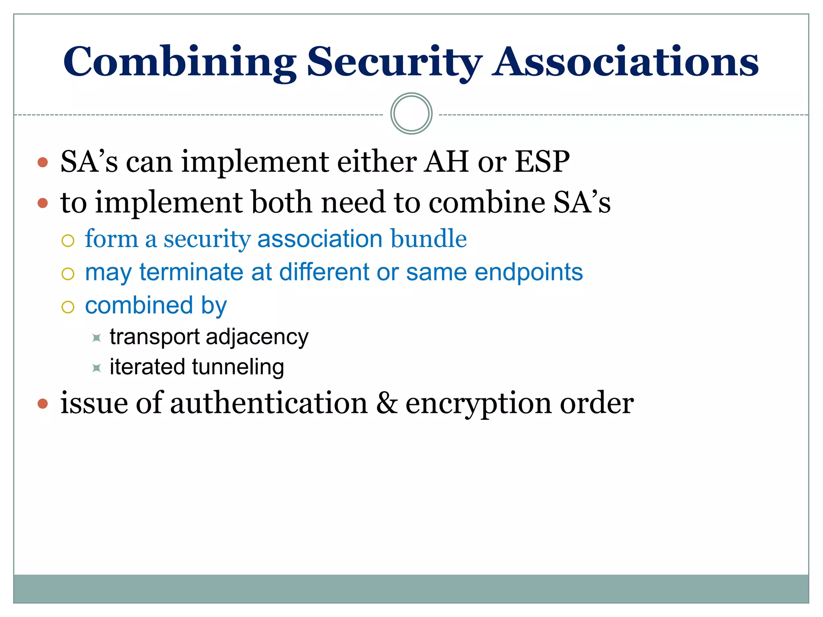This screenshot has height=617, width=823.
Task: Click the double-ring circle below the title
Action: click(411, 114)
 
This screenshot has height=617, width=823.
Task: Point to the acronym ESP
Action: click(542, 162)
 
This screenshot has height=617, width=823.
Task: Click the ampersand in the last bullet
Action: click(387, 403)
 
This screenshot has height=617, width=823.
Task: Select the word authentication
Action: click(268, 403)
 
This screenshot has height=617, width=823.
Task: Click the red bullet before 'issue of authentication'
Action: click(43, 403)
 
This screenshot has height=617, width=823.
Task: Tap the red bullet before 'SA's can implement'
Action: click(43, 162)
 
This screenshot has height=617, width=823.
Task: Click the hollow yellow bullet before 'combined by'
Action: click(68, 307)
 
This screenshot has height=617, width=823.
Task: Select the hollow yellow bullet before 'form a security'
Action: click(68, 241)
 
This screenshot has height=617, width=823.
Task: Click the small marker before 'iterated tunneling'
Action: click(96, 368)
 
